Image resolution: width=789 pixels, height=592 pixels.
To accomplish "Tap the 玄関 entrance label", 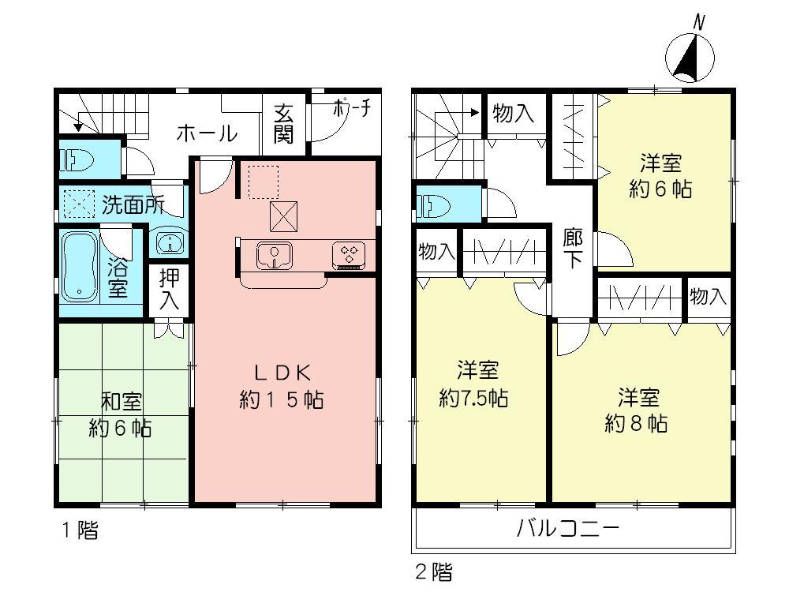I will [284, 125].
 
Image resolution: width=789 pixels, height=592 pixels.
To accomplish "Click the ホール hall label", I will [207, 133].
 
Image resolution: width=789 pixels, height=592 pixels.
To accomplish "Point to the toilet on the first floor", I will [77, 160].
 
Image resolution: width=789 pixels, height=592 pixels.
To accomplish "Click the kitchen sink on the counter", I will [274, 255].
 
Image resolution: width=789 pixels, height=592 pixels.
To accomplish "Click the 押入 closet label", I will [169, 289].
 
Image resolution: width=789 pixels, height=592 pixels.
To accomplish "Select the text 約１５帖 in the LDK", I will [281, 399].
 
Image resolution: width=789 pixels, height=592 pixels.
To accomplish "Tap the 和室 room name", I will [121, 402].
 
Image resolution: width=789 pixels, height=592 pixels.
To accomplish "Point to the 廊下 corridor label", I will [573, 248].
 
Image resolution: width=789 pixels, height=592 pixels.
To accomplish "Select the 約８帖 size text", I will [637, 423].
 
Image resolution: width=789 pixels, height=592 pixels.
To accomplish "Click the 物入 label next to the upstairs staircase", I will [513, 114].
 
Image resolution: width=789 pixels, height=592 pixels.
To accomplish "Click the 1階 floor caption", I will [80, 530].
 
